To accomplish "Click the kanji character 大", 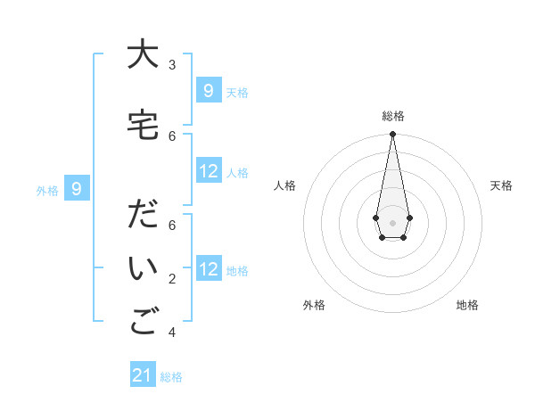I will [140, 55].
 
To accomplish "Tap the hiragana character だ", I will [141, 217].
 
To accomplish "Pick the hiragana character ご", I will [141, 324].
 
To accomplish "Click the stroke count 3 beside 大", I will [172, 65].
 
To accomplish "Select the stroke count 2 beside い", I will [172, 279].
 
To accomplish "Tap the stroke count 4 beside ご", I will [172, 333].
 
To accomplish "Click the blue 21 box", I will [143, 375].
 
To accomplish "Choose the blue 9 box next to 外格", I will [78, 188].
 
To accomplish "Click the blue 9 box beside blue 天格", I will [208, 90].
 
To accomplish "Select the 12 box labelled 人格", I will [208, 171].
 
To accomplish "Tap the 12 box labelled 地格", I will [208, 269].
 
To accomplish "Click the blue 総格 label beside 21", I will [171, 377].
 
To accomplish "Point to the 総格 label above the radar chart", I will [393, 116].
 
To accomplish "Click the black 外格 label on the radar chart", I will [314, 305].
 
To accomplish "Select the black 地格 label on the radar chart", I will [467, 305].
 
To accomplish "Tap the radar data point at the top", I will [393, 135].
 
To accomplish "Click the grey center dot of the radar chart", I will [393, 222].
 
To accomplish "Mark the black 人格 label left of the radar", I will [285, 185].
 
